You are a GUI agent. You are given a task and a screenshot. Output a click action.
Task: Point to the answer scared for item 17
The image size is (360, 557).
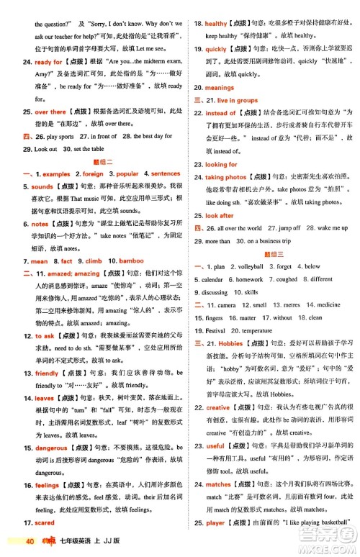[x=44, y=522]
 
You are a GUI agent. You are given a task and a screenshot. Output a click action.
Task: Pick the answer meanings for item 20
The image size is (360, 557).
[x=220, y=88]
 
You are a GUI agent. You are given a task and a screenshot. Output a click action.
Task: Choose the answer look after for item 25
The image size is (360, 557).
[x=220, y=215]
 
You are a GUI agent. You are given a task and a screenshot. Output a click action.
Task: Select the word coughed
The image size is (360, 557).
[x=287, y=279]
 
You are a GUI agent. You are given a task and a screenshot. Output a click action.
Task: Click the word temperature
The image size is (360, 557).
[x=257, y=330]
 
